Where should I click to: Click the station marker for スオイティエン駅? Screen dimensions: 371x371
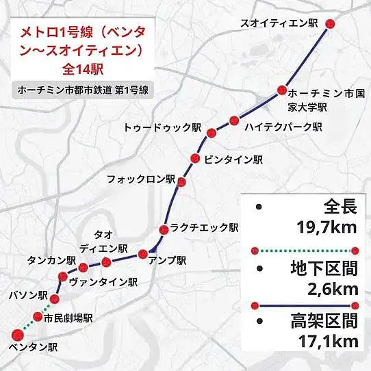tap(331, 23)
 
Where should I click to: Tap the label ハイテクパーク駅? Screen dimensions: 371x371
tap(283, 127)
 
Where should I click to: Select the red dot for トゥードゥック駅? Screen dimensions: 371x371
tap(212, 133)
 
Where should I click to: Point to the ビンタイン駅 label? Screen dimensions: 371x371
tap(233, 159)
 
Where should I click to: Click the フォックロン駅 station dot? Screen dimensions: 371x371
tap(182, 181)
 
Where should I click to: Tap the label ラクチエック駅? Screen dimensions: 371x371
tap(204, 228)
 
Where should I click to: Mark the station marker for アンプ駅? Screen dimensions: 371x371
tap(143, 254)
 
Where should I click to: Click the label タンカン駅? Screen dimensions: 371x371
tap(50, 260)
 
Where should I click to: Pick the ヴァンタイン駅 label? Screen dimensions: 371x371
tap(103, 281)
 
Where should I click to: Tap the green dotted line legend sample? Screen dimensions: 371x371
tap(305, 250)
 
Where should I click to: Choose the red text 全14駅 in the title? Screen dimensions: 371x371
tap(82, 68)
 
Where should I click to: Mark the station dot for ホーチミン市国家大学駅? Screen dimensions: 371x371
tap(281, 90)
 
